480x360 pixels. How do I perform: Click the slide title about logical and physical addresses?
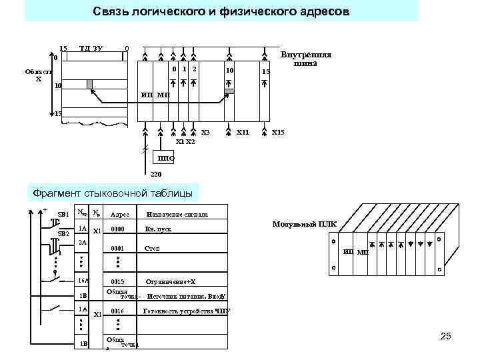(221, 12)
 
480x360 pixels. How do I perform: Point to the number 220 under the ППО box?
(155, 175)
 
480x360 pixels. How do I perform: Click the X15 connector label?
(278, 133)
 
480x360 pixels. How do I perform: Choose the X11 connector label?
(243, 133)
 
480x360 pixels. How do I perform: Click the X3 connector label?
(205, 133)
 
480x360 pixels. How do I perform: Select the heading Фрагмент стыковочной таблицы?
(113, 194)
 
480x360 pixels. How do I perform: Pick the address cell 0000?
(117, 229)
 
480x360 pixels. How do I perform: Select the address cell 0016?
(117, 311)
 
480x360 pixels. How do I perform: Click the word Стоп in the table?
(152, 248)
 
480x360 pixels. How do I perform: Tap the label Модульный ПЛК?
(305, 224)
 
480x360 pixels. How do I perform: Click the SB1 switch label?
(64, 214)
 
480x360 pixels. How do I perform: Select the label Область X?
(38, 75)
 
